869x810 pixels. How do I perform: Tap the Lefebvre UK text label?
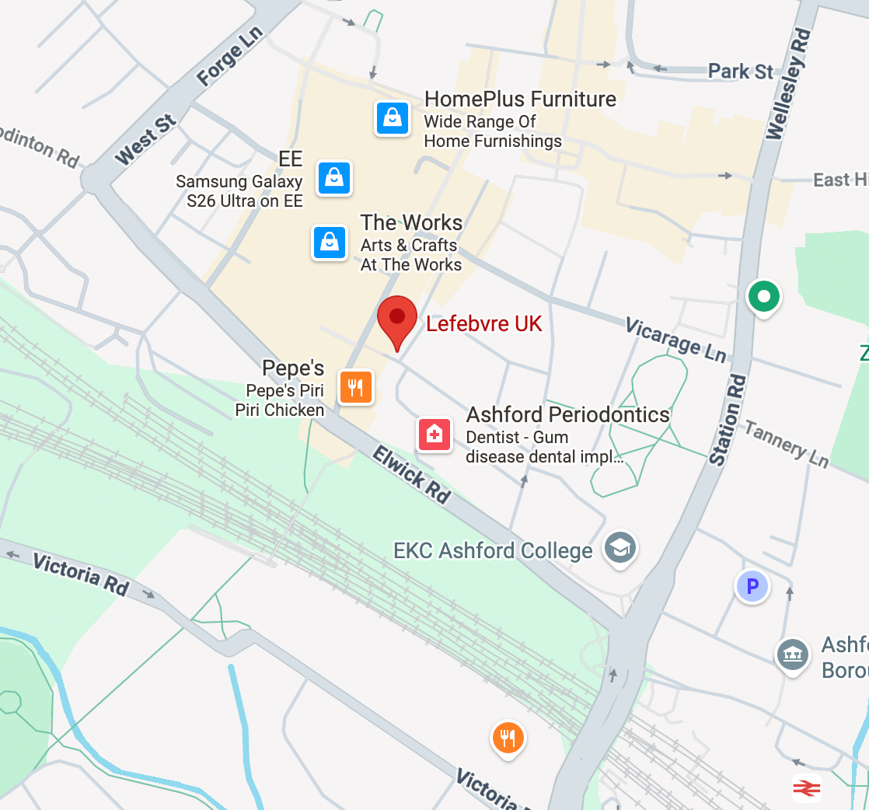tap(483, 323)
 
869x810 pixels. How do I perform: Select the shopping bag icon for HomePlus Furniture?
tap(393, 118)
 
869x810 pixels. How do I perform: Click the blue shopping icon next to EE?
tap(334, 177)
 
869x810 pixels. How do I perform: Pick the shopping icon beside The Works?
tap(330, 242)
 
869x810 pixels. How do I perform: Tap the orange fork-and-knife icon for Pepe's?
tap(356, 386)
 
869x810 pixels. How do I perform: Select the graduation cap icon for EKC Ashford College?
tap(620, 547)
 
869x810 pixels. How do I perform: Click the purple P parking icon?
tap(752, 586)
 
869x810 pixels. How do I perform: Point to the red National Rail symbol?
tap(806, 787)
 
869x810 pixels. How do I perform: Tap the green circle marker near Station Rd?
tap(763, 296)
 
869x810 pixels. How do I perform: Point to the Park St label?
tap(740, 72)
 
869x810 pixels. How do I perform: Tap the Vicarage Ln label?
tap(675, 339)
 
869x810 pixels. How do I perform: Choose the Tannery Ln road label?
tap(787, 444)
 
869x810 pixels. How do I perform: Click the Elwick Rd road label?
tap(410, 474)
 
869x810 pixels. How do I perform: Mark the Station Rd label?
tap(728, 421)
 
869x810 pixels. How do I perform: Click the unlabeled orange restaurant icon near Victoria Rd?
tap(508, 737)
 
